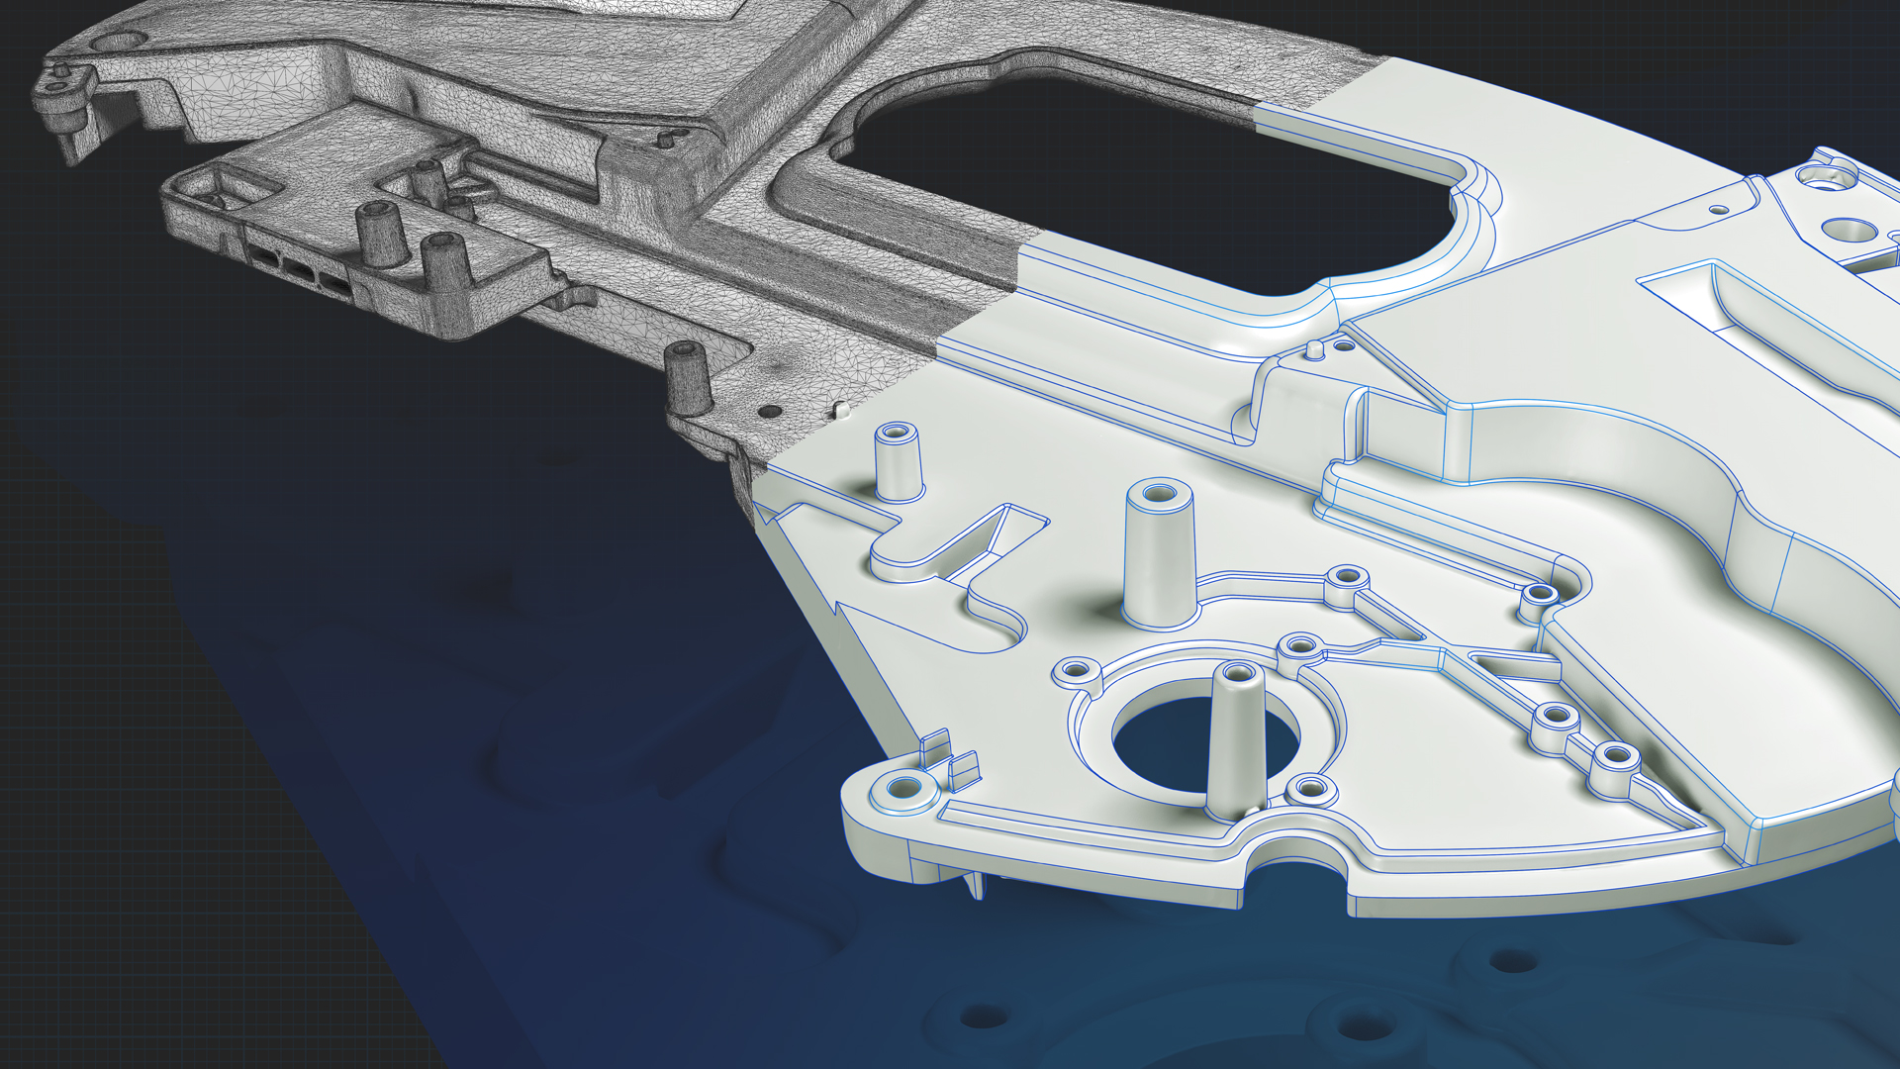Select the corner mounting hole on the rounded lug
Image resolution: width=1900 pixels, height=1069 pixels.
pyautogui.click(x=903, y=789)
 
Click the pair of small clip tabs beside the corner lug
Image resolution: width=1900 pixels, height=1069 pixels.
pyautogui.click(x=950, y=757)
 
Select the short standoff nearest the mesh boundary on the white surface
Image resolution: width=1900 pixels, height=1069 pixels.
pyautogui.click(x=899, y=460)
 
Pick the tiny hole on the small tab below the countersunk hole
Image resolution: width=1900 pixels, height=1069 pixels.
pyautogui.click(x=1720, y=210)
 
